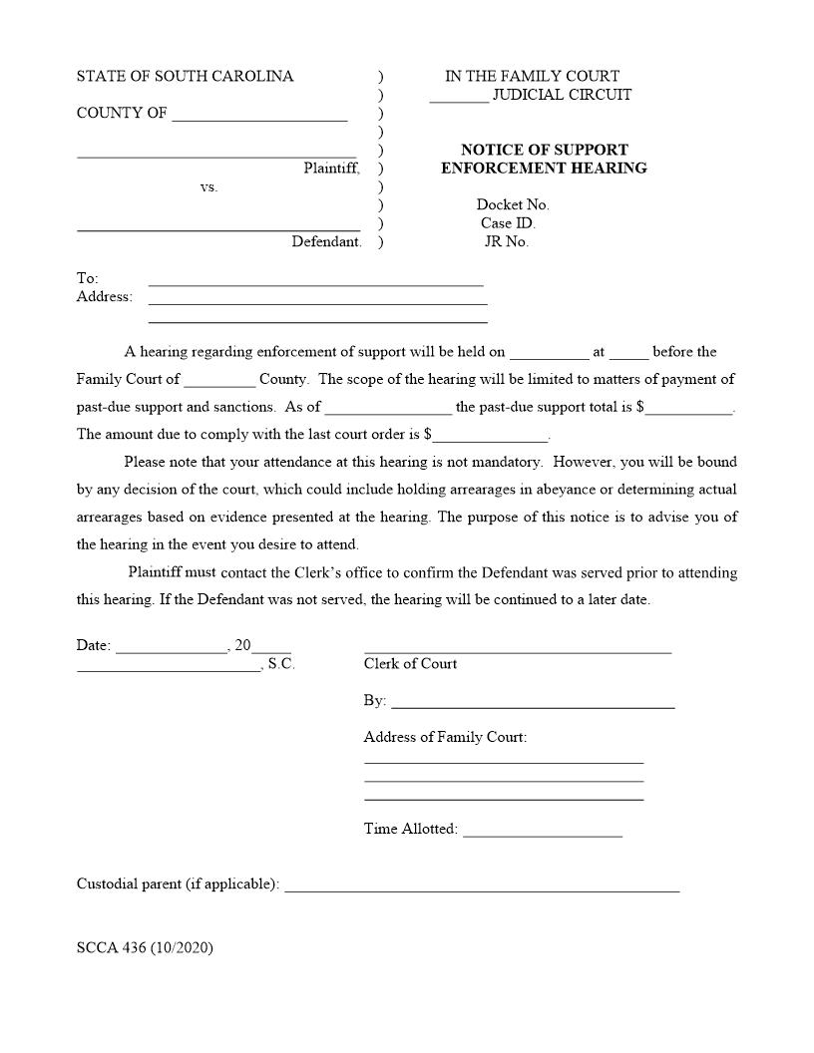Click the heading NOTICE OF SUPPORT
[x=544, y=150]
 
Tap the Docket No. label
[x=512, y=204]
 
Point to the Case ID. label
[x=508, y=223]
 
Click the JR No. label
[x=506, y=241]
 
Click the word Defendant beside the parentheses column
[x=326, y=241]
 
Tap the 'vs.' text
[x=208, y=186]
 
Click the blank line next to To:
[x=315, y=283]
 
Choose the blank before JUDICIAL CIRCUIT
[x=459, y=101]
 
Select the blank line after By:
[x=533, y=706]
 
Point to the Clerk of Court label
[x=410, y=663]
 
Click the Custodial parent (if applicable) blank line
[x=482, y=888]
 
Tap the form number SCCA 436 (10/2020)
[x=145, y=947]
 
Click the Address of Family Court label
[x=445, y=737]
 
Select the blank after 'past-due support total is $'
[x=688, y=411]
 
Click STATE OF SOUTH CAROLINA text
[x=186, y=76]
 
